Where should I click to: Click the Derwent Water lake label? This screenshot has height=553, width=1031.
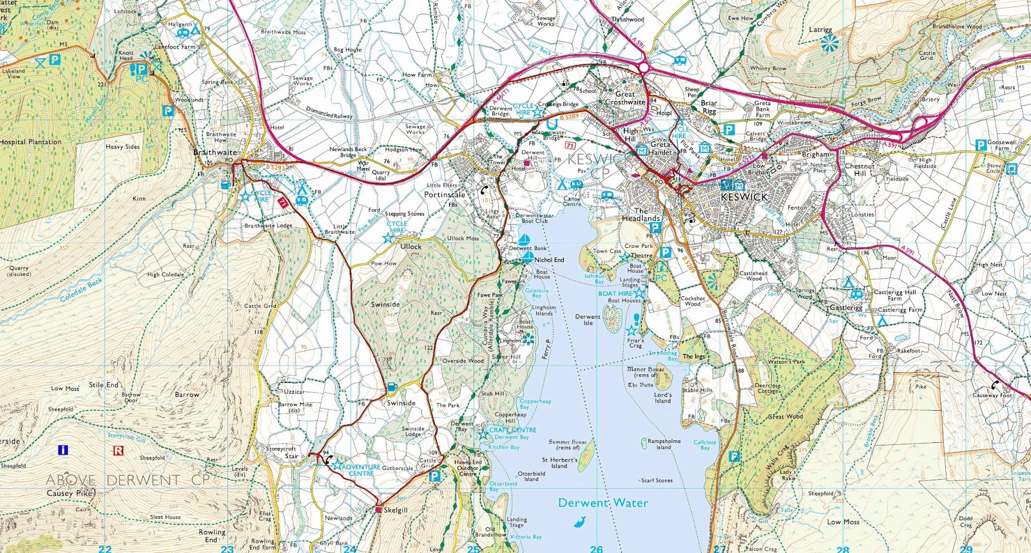[603, 503]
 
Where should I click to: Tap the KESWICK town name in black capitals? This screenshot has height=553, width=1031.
[744, 197]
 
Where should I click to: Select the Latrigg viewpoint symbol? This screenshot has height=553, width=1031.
[830, 43]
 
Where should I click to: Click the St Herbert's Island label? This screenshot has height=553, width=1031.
[559, 463]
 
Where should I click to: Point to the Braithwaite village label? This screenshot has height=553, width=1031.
[215, 153]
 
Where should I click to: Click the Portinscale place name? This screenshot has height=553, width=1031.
[445, 194]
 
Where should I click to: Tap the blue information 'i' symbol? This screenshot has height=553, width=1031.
[63, 450]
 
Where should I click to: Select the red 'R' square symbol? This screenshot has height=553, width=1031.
[118, 451]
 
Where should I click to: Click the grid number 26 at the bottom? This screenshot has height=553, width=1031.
[597, 548]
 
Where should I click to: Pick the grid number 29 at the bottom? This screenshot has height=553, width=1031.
[966, 548]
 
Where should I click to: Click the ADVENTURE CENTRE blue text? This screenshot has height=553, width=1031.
[361, 470]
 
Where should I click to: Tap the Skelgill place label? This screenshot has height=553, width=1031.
[395, 510]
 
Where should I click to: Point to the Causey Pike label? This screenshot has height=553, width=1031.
[70, 493]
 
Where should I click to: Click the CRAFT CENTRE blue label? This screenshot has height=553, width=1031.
[513, 429]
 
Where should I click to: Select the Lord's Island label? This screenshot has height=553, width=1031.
[662, 398]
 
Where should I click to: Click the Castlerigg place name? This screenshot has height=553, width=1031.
[845, 308]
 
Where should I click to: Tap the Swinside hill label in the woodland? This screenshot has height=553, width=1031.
[385, 305]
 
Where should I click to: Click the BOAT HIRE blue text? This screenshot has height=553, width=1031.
[615, 294]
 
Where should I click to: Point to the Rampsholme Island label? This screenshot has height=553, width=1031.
[664, 444]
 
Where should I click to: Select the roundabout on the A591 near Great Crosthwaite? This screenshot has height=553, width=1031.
[642, 66]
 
